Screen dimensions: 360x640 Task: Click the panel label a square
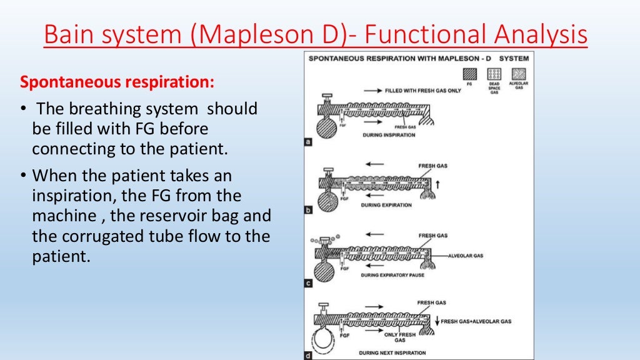[308, 142]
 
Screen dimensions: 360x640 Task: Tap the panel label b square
[308, 210]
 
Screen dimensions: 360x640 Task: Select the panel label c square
[308, 284]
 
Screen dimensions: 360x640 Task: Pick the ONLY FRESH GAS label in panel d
[400, 337]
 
